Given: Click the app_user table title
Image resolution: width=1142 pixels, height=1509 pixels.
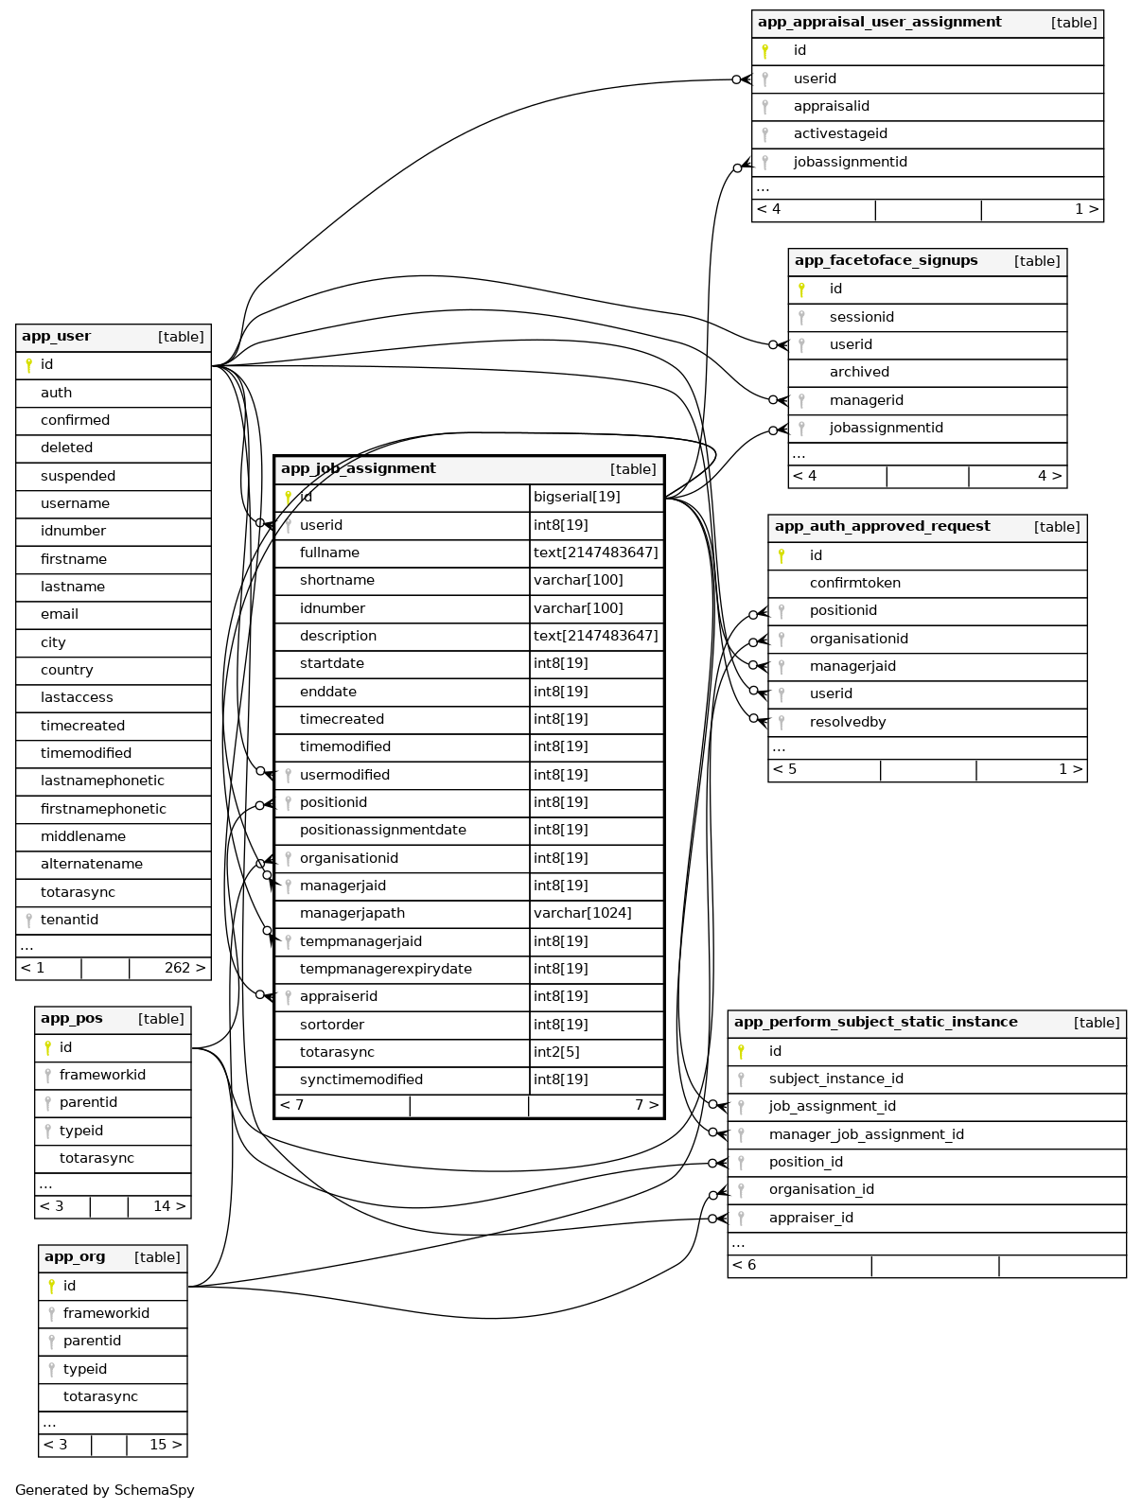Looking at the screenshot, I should pyautogui.click(x=57, y=337).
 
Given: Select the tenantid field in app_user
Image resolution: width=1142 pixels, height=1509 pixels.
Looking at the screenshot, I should pyautogui.click(x=69, y=920).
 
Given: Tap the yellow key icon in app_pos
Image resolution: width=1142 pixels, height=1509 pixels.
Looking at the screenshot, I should pyautogui.click(x=47, y=1047).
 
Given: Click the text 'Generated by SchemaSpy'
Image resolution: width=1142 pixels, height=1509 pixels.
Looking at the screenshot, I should pyautogui.click(x=105, y=1490).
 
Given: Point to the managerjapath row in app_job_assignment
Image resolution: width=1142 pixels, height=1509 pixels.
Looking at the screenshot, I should pyautogui.click(x=352, y=913).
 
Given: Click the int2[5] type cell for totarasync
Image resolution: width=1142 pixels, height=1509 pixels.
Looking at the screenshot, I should pyautogui.click(x=556, y=1052).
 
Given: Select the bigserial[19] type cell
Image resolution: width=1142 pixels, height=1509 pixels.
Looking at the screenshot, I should pyautogui.click(x=576, y=497).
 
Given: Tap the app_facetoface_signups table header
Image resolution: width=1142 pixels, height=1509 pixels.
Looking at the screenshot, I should pyautogui.click(x=886, y=261).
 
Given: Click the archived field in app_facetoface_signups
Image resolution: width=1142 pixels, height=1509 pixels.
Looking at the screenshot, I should pyautogui.click(x=859, y=372).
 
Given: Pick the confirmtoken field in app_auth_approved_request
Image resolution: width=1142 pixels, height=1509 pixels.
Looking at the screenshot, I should pyautogui.click(x=854, y=583).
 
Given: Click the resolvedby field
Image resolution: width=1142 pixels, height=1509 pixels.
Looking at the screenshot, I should pyautogui.click(x=848, y=722).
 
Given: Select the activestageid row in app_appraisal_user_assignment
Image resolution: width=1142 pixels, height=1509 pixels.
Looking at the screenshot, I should pyautogui.click(x=840, y=133).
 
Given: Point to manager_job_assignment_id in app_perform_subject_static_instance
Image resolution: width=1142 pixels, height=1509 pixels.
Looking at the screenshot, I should pyautogui.click(x=866, y=1134).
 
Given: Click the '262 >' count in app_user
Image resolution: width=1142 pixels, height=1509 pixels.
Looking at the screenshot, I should pyautogui.click(x=184, y=968).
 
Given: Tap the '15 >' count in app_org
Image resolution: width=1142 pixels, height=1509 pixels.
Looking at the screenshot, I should pyautogui.click(x=166, y=1445).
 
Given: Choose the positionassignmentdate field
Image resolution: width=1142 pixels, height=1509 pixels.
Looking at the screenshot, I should pyautogui.click(x=382, y=830).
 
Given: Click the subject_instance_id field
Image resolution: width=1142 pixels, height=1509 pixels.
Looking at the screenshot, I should pyautogui.click(x=835, y=1079).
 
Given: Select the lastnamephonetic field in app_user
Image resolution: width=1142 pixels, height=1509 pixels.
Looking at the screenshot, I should pyautogui.click(x=102, y=781).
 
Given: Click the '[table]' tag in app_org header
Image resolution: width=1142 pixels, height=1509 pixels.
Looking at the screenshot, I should pyautogui.click(x=157, y=1257).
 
